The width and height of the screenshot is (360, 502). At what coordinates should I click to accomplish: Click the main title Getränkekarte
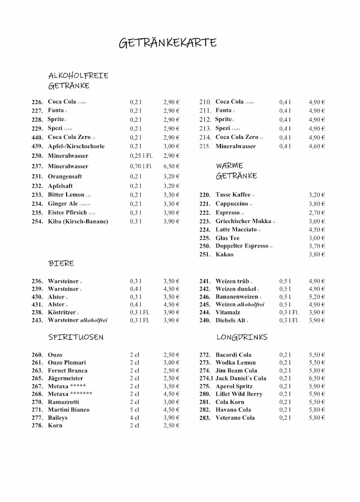[168, 43]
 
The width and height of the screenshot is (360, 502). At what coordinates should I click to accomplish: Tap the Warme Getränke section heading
[236, 171]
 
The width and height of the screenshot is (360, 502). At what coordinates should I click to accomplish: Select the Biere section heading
[61, 263]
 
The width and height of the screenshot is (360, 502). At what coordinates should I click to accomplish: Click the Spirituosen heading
[76, 337]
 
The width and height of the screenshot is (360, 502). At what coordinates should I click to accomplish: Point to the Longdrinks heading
[241, 337]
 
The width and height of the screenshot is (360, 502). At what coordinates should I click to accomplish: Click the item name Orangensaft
[65, 176]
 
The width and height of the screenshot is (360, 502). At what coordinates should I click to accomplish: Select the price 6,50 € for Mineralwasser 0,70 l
[171, 166]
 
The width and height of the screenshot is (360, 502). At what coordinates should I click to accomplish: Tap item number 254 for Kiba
[37, 222]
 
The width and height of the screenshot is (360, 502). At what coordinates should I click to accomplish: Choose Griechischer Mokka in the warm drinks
[243, 221]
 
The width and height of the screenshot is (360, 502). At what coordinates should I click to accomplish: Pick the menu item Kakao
[224, 254]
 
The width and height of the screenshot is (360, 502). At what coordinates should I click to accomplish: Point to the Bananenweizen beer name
[237, 297]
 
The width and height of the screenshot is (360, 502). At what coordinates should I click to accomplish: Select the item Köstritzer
[62, 312]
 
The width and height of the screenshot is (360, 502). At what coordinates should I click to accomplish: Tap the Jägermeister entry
[65, 378]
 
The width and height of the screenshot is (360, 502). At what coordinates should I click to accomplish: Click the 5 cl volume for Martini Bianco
[135, 410]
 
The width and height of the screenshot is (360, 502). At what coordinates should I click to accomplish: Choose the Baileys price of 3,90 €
[171, 418]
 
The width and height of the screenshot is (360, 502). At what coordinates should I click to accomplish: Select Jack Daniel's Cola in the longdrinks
[240, 378]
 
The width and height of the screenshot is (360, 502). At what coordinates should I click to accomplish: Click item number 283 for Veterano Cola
[205, 418]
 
